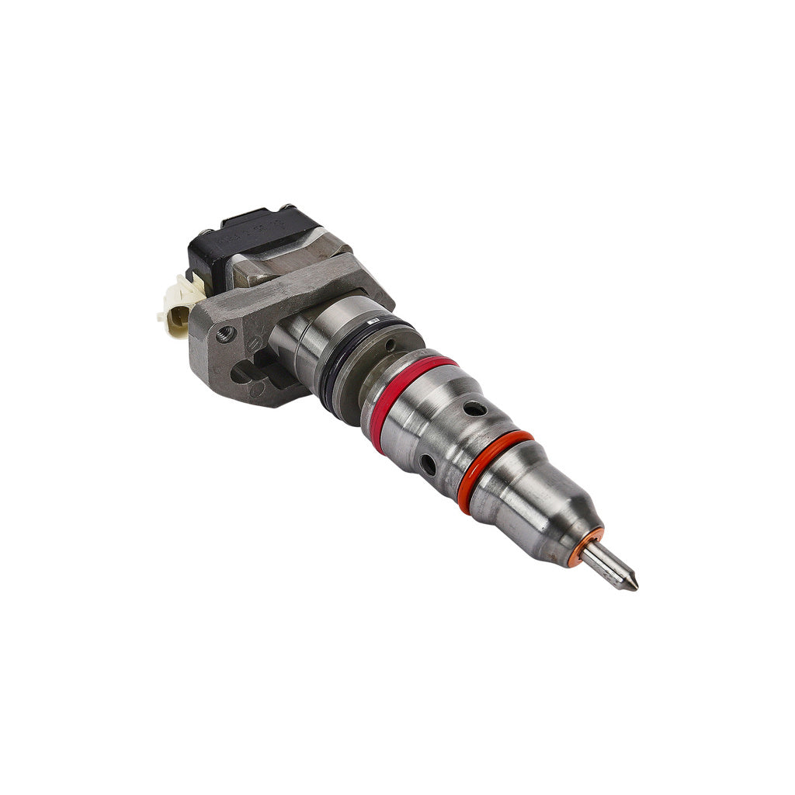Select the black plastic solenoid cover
(248, 233)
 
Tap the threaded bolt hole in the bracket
(226, 334)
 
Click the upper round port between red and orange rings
(474, 408)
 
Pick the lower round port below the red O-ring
(428, 465)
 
